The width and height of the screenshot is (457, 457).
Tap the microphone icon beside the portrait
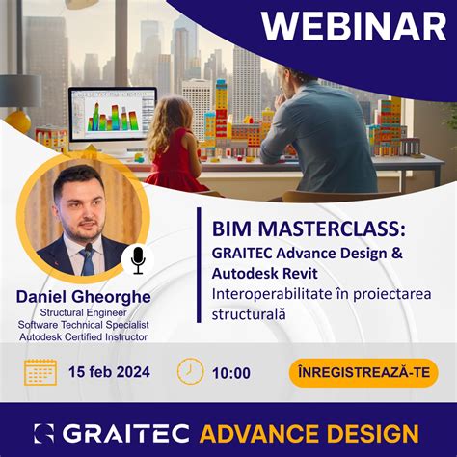(137, 259)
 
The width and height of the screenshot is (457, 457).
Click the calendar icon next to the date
(40, 372)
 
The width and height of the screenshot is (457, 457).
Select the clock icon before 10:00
(191, 372)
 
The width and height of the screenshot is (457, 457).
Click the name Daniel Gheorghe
(83, 297)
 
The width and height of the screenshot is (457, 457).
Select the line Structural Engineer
(83, 312)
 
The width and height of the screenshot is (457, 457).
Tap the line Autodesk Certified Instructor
(83, 336)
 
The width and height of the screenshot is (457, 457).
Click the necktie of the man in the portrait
(88, 258)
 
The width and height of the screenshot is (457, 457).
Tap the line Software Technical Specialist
(83, 325)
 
